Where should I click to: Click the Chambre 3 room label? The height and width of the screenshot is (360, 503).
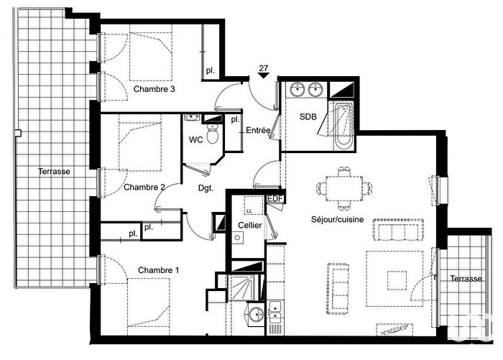154,89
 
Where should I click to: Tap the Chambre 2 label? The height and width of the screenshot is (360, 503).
144,187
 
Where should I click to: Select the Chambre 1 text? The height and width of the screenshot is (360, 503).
159,270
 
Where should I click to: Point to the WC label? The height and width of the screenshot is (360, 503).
195,140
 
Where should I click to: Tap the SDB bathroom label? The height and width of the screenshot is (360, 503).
308,116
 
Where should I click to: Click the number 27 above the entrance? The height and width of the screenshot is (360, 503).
264,68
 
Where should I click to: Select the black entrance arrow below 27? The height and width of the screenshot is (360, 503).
264,75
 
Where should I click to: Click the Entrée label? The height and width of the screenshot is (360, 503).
258,130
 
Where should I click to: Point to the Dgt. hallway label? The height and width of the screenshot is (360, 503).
206,188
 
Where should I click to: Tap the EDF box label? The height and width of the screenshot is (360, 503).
275,199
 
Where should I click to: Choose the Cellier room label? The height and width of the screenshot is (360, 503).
250,225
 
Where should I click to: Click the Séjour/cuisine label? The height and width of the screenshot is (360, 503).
338,219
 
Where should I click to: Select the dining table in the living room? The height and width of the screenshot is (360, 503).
344,188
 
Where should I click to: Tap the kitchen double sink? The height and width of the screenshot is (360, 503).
275,312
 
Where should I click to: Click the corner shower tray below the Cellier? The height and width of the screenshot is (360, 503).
243,287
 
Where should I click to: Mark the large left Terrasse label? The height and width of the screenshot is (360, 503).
54,171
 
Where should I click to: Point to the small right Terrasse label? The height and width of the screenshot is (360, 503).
466,279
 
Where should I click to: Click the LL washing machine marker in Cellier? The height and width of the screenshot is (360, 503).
249,211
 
